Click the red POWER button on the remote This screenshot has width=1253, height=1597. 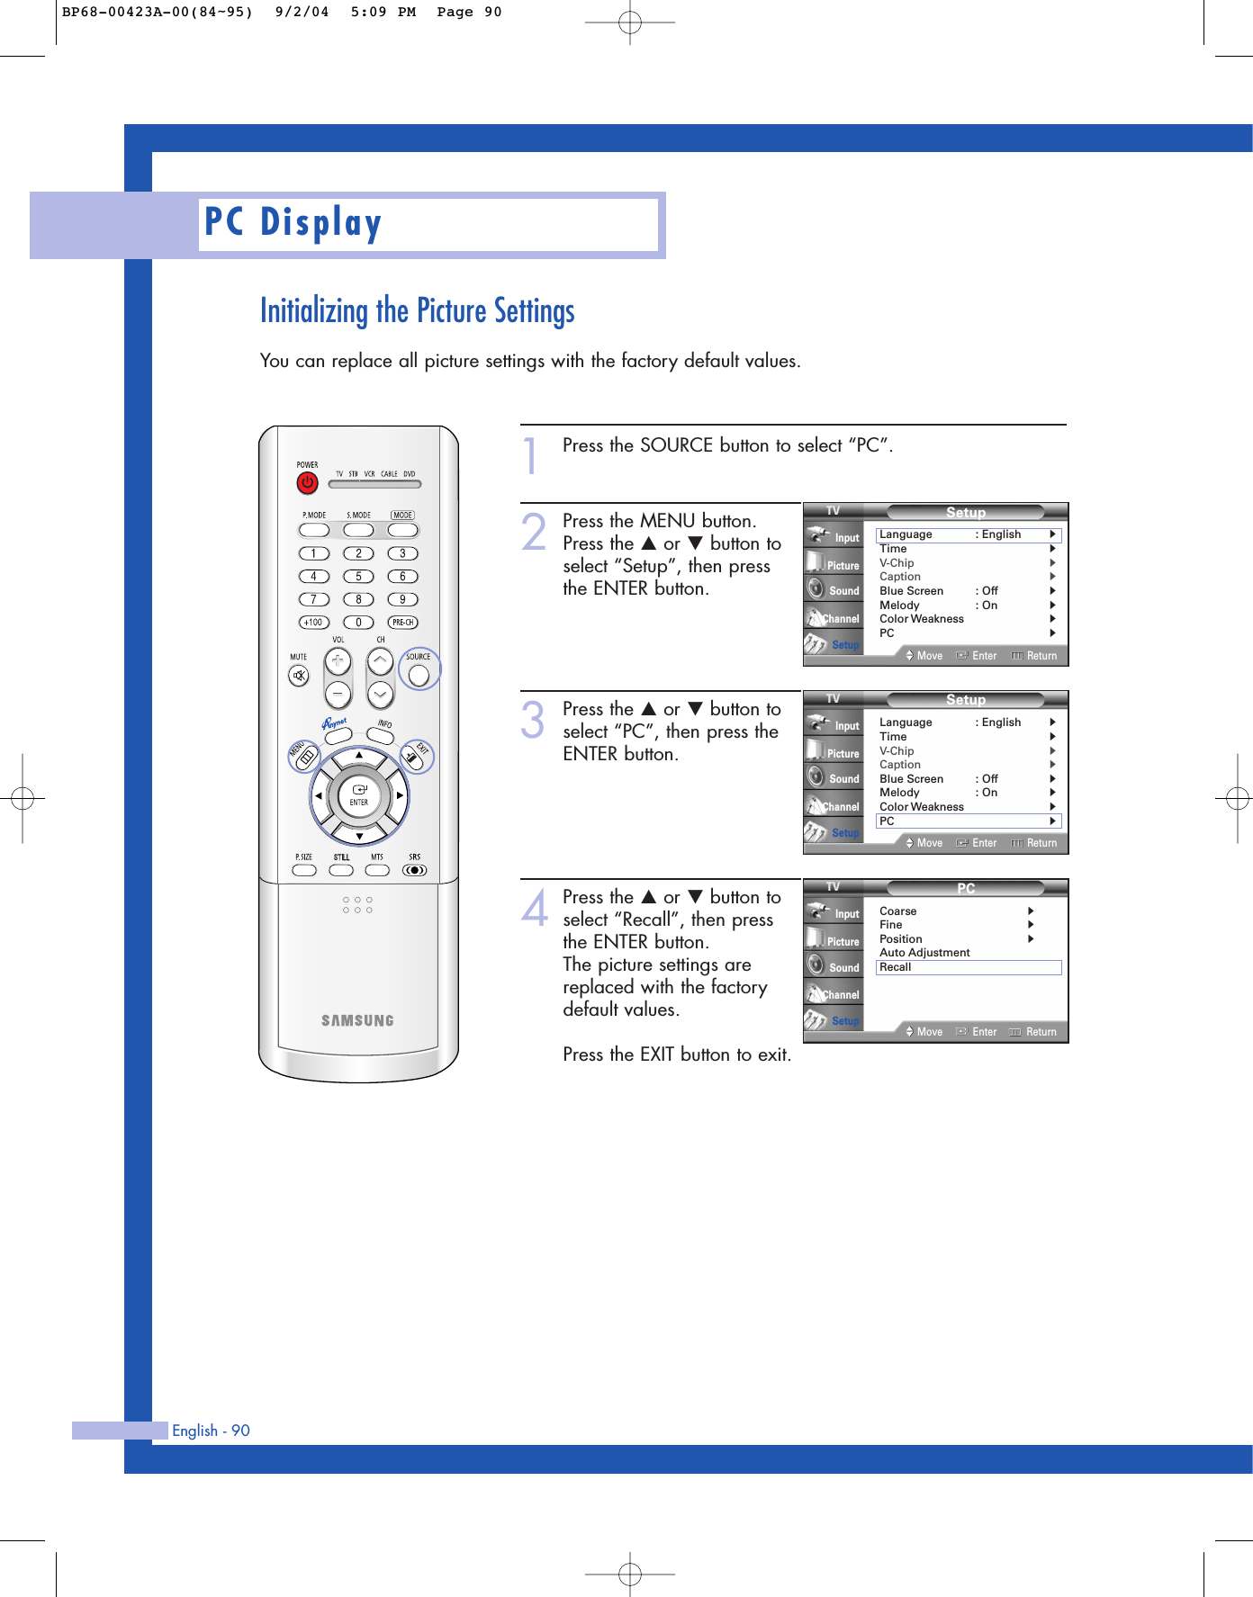click(x=307, y=483)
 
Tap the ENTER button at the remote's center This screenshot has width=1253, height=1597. click(x=359, y=795)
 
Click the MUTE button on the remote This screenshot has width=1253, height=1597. click(x=299, y=675)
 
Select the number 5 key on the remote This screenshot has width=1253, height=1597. click(x=358, y=577)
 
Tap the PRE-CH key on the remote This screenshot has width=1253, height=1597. click(x=402, y=623)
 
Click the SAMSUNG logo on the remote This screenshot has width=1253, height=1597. click(x=357, y=1020)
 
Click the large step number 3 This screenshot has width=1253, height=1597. click(x=533, y=721)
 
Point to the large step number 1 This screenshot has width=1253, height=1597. click(x=531, y=455)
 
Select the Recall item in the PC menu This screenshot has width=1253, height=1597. click(x=896, y=967)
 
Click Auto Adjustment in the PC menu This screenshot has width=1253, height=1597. click(x=924, y=953)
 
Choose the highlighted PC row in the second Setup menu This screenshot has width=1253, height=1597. click(x=968, y=821)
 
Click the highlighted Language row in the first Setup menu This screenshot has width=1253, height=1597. click(x=968, y=534)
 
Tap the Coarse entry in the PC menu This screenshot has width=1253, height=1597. click(x=897, y=911)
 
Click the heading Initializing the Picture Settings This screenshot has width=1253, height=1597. click(x=417, y=311)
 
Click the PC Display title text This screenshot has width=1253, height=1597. click(x=293, y=223)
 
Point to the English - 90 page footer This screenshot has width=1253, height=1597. click(x=211, y=1431)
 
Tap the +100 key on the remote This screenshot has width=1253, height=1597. click(x=313, y=623)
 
